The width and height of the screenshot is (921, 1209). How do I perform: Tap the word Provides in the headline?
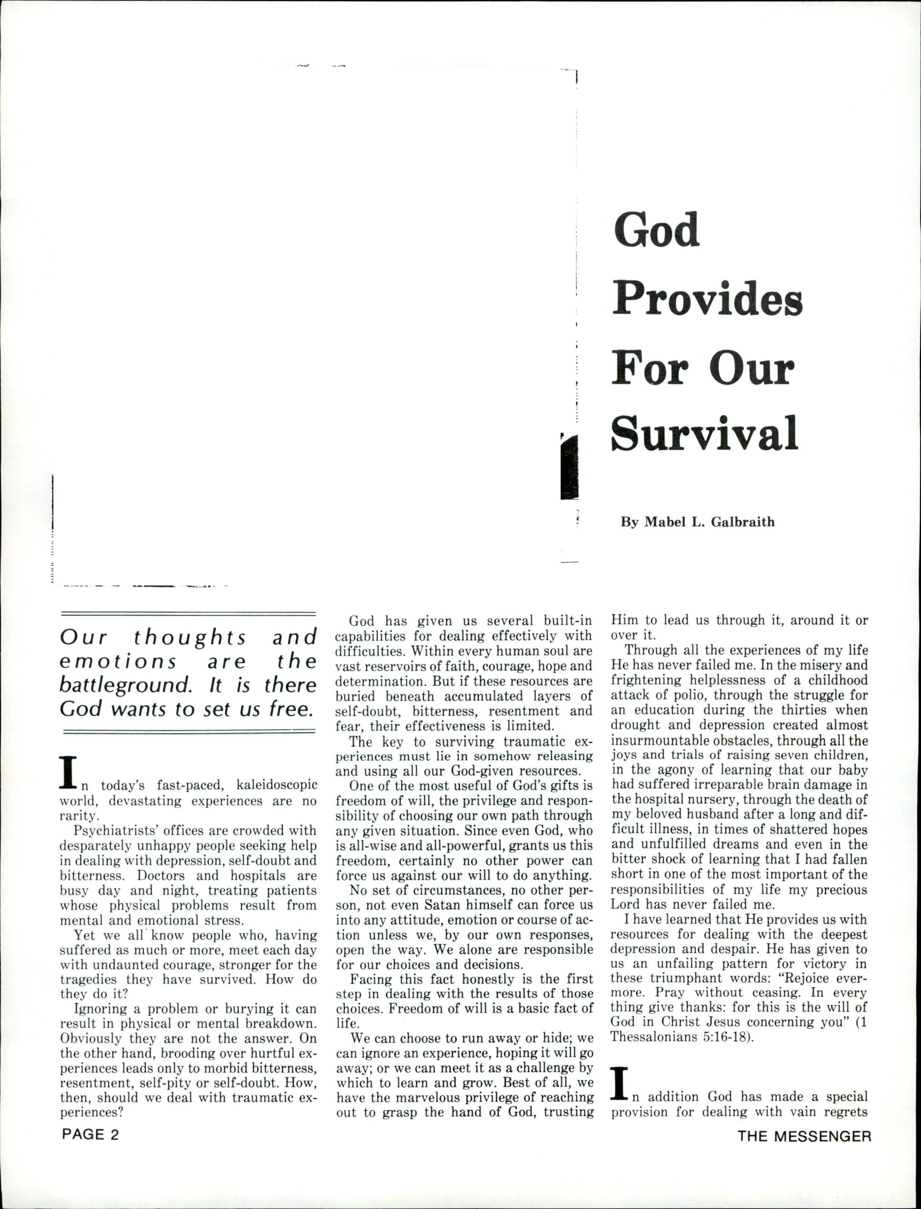(x=707, y=300)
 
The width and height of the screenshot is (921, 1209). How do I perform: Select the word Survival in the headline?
(x=705, y=433)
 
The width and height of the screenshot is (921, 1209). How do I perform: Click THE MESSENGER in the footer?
(x=804, y=1136)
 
